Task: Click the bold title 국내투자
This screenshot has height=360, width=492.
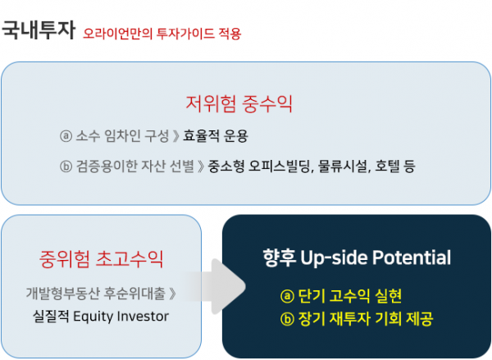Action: [x=39, y=31]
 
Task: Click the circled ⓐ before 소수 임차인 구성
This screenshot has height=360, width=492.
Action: [x=66, y=135]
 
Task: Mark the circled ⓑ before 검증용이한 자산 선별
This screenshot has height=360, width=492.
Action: [x=66, y=166]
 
